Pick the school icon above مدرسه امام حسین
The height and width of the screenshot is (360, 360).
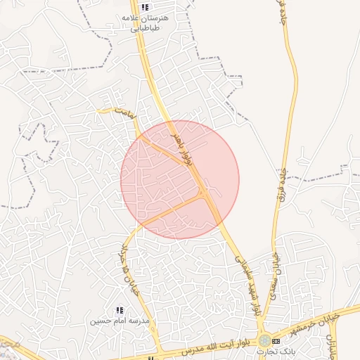point(119,310)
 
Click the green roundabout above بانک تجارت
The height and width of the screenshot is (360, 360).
point(263,340)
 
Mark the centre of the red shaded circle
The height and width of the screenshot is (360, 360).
point(180,180)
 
